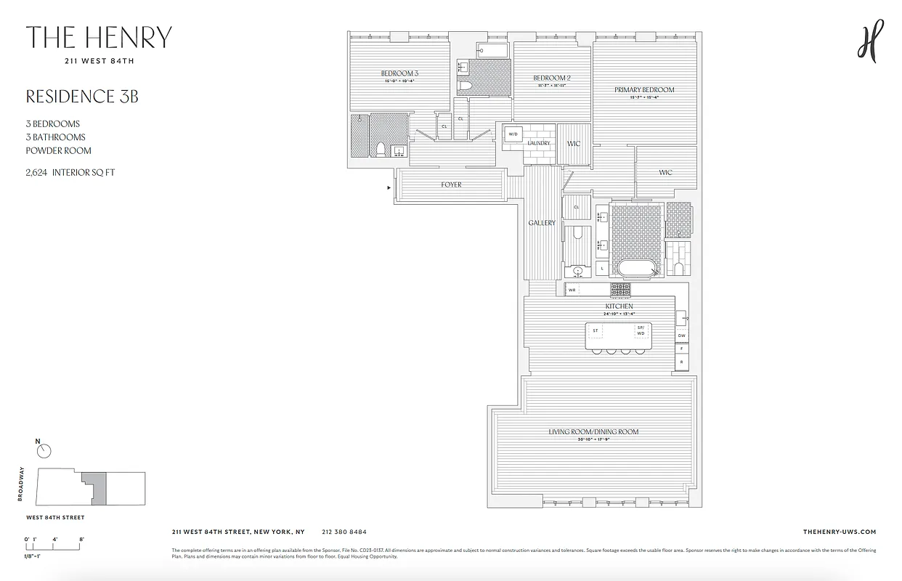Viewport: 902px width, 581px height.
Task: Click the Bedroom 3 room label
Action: tap(400, 73)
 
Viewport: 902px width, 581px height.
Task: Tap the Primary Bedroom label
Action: tap(644, 90)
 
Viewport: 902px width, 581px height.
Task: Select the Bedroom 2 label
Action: tap(552, 78)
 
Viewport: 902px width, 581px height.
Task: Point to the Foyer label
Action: tap(451, 185)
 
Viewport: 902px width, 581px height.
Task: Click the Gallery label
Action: tap(542, 223)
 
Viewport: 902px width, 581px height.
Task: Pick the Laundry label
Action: tap(539, 143)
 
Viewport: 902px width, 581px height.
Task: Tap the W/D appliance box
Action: tap(513, 134)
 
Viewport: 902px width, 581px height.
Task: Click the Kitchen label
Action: tap(619, 306)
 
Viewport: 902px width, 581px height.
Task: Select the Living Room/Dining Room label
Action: tap(593, 432)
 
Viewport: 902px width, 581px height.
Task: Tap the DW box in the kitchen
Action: tap(682, 336)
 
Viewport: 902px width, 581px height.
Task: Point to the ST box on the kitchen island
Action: tap(596, 331)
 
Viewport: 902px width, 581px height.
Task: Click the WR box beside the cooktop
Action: tap(572, 290)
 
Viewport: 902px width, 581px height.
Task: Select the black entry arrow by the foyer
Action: tap(389, 188)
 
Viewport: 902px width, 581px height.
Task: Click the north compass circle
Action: tap(44, 451)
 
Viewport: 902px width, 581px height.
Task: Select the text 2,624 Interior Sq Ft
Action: tap(70, 173)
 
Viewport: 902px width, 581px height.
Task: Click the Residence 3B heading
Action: tap(82, 97)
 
